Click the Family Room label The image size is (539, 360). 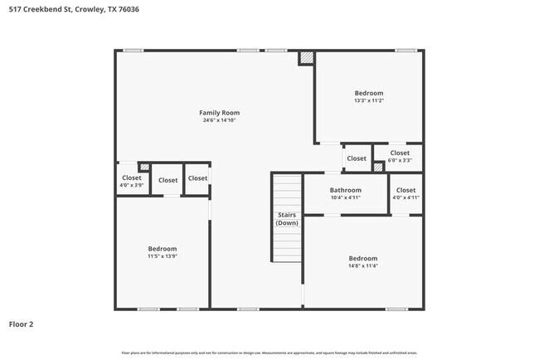click(214, 113)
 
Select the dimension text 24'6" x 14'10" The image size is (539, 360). click(214, 120)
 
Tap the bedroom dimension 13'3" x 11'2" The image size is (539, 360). click(369, 100)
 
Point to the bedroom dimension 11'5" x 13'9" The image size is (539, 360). click(163, 256)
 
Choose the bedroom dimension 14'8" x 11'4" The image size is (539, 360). click(362, 266)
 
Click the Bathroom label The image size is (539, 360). click(346, 190)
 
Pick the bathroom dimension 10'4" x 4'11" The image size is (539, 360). click(346, 197)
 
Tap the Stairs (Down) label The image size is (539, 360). click(287, 218)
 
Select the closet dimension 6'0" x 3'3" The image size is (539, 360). click(400, 160)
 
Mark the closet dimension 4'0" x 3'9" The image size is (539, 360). click(132, 185)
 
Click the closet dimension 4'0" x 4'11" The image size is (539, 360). click(406, 197)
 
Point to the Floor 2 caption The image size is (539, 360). click(22, 324)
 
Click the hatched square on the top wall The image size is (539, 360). click(308, 58)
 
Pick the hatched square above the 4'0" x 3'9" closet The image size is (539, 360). click(143, 167)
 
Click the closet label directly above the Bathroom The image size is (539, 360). click(357, 158)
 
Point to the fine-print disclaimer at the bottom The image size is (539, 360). click(269, 353)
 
